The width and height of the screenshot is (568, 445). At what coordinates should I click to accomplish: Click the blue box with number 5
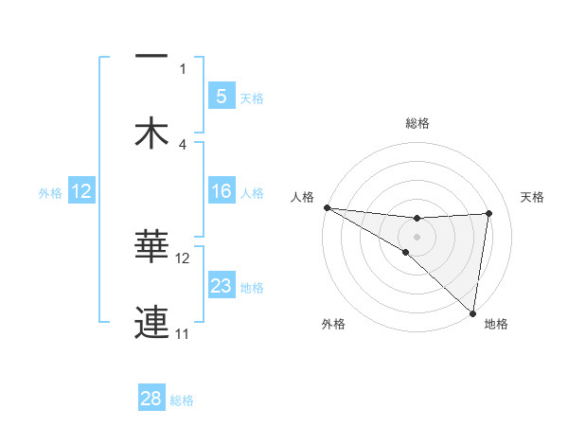pos(221,96)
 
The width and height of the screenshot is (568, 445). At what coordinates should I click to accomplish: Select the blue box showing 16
pos(221,191)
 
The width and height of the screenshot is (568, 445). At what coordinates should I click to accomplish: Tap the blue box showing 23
pos(221,286)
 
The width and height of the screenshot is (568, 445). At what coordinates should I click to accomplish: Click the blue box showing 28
pos(151,399)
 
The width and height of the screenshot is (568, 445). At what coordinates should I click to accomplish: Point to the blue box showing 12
pos(81,191)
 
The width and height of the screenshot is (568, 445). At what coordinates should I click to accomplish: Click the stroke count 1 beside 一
pos(183,68)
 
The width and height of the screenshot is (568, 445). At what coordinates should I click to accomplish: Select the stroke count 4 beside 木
pos(183,144)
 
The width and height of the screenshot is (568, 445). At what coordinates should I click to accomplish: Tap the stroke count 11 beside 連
pos(183,333)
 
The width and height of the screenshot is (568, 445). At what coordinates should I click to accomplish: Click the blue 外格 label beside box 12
pos(50,192)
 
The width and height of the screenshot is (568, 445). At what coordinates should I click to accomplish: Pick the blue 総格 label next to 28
pos(182,400)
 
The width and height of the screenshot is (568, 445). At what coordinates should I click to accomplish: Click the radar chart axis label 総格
pos(417,123)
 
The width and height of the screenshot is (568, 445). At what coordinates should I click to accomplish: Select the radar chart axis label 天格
pos(533,197)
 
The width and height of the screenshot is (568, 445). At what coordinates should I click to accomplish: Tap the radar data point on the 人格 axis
pos(327,207)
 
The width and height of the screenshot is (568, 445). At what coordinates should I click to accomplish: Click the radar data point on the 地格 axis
pos(473,312)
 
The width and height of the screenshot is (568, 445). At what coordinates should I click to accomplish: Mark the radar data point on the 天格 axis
pos(488,213)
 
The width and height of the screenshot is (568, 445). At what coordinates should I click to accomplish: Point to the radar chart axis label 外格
pos(333,324)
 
